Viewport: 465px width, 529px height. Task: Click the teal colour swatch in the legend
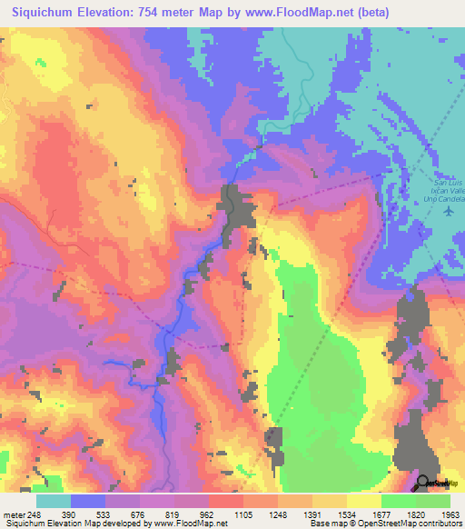pos(53,502)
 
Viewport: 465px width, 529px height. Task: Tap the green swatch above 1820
pos(398,502)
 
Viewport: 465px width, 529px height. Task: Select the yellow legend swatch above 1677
pos(363,502)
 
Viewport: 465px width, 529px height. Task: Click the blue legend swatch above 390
pos(87,502)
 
